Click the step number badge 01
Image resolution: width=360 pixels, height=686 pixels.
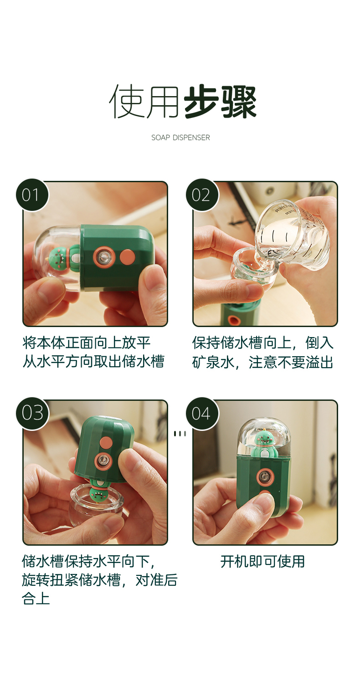point(32,195)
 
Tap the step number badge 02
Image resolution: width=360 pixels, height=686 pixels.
point(202,195)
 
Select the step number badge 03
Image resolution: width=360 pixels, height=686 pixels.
point(32,414)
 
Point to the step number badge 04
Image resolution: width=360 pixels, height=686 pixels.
point(202,414)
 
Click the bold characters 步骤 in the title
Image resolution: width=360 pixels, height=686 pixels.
point(220,102)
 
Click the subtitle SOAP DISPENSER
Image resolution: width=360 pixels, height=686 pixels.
point(180,138)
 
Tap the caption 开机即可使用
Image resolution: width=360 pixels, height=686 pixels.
point(262,562)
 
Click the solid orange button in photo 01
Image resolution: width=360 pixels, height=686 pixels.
point(128,256)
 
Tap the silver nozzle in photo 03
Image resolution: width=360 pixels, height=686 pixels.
point(103,461)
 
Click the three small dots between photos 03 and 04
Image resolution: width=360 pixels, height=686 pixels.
point(180,434)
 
